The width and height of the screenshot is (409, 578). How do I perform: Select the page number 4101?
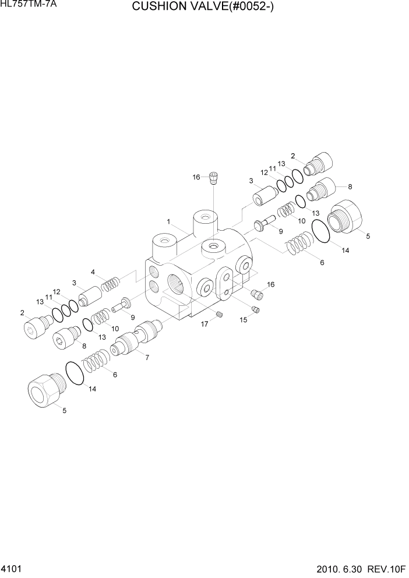tap(13, 567)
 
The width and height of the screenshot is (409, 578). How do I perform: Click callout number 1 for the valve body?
tap(168, 222)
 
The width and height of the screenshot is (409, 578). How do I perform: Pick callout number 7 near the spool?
tap(146, 357)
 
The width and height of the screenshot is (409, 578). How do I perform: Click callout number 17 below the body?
tap(204, 324)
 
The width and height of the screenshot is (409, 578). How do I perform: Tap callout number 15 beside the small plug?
tap(244, 319)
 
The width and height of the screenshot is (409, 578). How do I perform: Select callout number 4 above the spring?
tap(93, 272)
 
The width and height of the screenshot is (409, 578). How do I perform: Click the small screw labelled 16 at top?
tap(214, 177)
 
